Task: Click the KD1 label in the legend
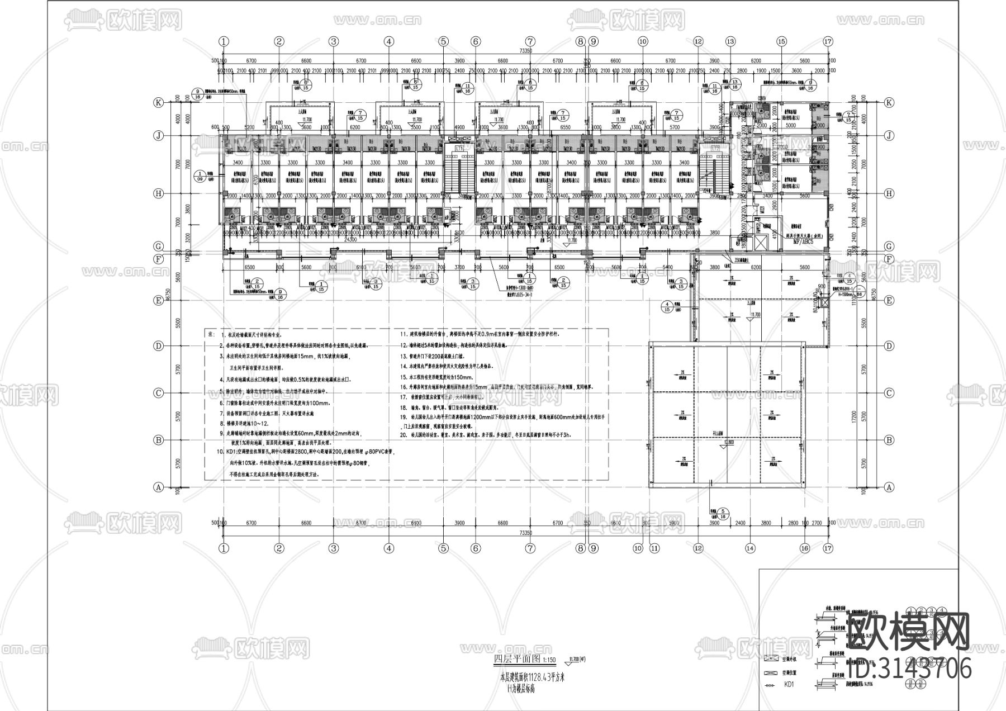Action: point(789,684)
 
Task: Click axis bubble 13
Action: point(730,41)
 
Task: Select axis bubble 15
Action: point(781,41)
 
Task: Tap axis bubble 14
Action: point(749,549)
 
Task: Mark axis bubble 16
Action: point(804,549)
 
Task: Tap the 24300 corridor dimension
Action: point(350,239)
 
